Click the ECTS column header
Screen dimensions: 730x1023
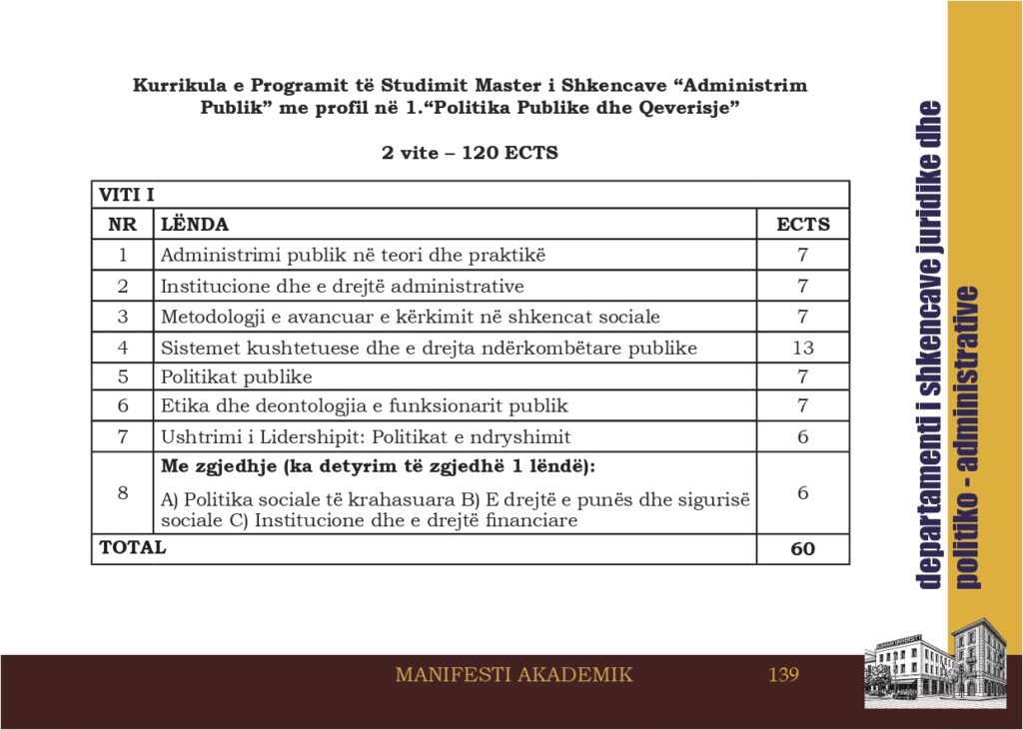pyautogui.click(x=802, y=225)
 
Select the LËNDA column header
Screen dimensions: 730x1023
pyautogui.click(x=195, y=225)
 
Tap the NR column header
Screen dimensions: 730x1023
pyautogui.click(x=122, y=225)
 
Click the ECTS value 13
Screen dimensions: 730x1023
pyautogui.click(x=802, y=348)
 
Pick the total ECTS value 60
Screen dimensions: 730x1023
pyautogui.click(x=802, y=548)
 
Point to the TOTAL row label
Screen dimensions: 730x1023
pyautogui.click(x=132, y=547)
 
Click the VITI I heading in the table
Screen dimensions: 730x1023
pyautogui.click(x=126, y=195)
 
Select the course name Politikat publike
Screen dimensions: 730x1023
pyautogui.click(x=237, y=376)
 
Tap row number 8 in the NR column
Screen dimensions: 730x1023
pyautogui.click(x=122, y=492)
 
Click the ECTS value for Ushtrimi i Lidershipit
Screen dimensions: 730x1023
pyautogui.click(x=802, y=436)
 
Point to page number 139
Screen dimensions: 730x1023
pyautogui.click(x=783, y=675)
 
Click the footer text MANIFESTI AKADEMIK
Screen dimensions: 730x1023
pyautogui.click(x=513, y=675)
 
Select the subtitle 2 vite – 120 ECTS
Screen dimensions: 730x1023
pyautogui.click(x=470, y=154)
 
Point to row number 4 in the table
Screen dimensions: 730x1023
pyautogui.click(x=122, y=348)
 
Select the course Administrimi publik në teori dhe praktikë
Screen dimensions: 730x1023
pyautogui.click(x=354, y=255)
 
